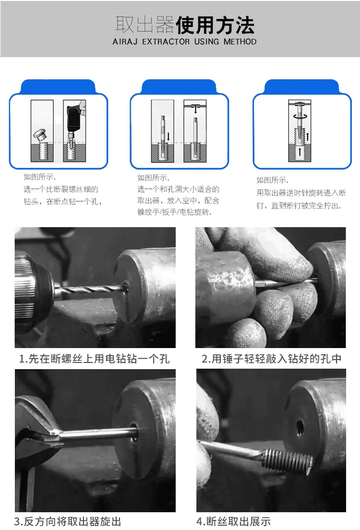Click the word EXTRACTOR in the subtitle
tap(166, 42)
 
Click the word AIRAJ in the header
tap(125, 42)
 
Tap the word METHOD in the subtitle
tap(240, 42)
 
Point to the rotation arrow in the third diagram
tap(300, 116)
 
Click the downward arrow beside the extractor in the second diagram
tap(168, 136)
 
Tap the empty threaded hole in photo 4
tap(300, 428)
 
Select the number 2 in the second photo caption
tap(204, 359)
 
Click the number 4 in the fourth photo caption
tap(199, 521)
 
